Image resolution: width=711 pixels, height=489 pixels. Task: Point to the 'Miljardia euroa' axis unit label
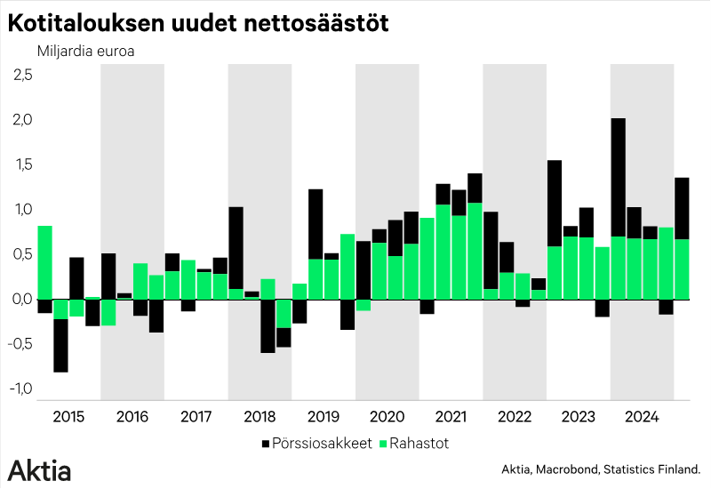85,50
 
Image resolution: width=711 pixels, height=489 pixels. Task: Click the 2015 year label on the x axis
68,416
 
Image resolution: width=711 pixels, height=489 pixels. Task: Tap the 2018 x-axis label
260,416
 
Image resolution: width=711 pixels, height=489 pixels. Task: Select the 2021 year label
451,416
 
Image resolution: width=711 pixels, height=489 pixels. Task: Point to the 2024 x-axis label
642,416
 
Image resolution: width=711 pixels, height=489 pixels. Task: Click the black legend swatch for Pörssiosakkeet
266,442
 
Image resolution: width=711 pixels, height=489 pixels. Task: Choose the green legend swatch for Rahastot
383,442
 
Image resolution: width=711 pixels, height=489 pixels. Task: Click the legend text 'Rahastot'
423,442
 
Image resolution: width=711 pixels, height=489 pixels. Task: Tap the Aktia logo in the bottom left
40,469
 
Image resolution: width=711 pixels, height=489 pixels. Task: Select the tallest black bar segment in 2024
619,178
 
